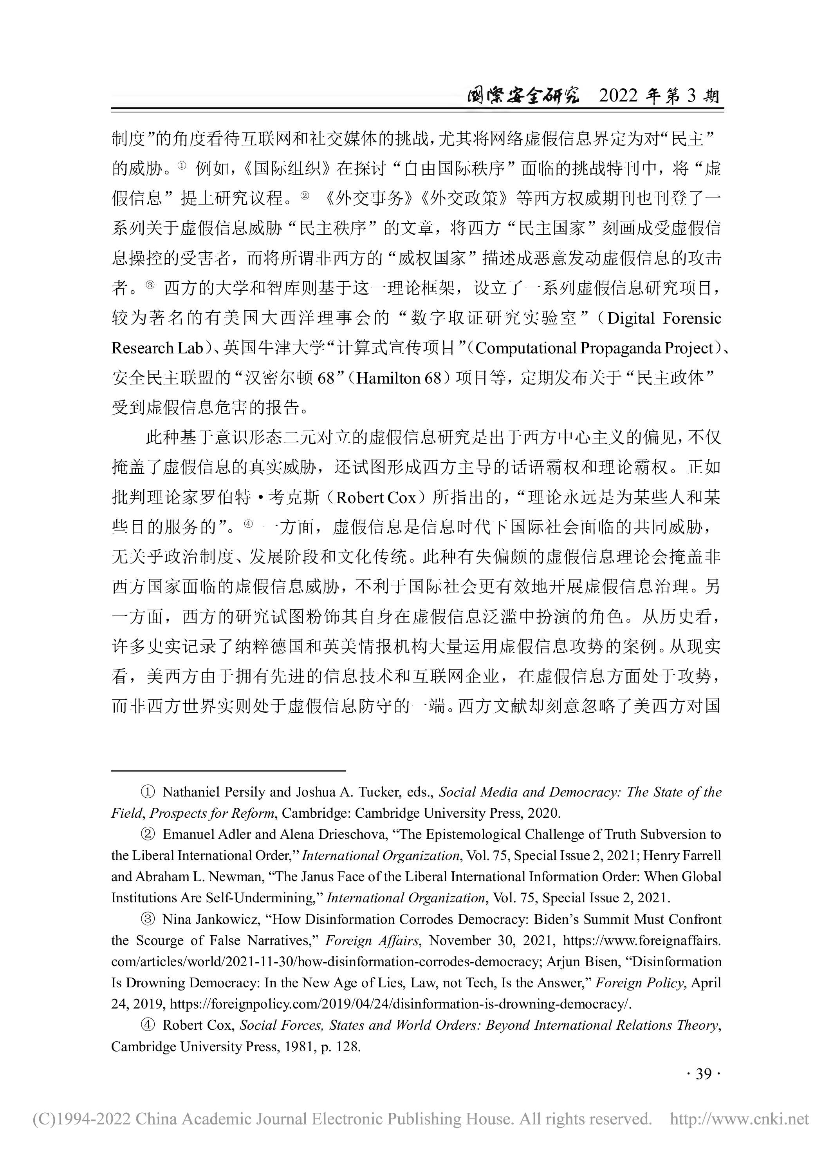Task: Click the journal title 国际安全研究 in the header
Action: click(522, 95)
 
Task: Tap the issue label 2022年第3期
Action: click(659, 95)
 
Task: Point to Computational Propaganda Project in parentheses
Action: click(594, 348)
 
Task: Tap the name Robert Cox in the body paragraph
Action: click(376, 498)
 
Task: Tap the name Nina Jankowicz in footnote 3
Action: click(211, 919)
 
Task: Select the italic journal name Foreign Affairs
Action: click(372, 940)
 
